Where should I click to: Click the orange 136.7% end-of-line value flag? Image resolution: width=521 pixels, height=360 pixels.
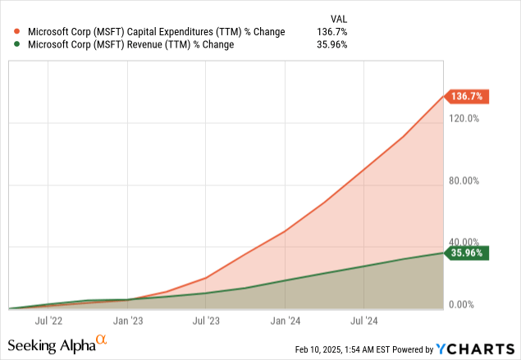click(466, 97)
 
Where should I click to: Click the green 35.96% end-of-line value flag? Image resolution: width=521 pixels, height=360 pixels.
click(466, 253)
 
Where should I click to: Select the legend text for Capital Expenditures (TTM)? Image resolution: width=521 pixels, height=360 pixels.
click(155, 32)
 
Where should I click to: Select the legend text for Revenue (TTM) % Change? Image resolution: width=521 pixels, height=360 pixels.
click(131, 45)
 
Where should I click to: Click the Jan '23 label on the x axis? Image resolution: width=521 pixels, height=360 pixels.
click(128, 320)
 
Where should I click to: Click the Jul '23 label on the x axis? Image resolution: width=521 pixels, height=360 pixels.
click(206, 320)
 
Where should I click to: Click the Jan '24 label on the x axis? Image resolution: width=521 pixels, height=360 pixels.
click(286, 320)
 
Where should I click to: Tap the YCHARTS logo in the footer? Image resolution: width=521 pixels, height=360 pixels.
click(482, 349)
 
